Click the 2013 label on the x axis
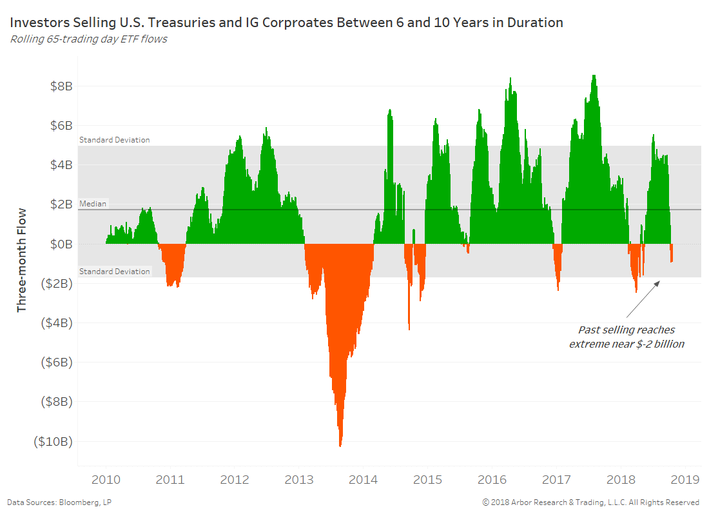pyautogui.click(x=298, y=479)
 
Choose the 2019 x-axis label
pyautogui.click(x=686, y=479)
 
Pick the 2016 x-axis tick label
pyautogui.click(x=492, y=479)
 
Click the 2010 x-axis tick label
pyautogui.click(x=106, y=479)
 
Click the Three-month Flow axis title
pyautogui.click(x=22, y=259)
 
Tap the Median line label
pyautogui.click(x=93, y=204)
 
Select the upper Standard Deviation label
pyautogui.click(x=114, y=140)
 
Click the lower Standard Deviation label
pyautogui.click(x=114, y=272)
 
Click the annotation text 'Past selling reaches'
pyautogui.click(x=626, y=330)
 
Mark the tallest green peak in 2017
pyautogui.click(x=594, y=76)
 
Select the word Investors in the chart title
pyautogui.click(x=37, y=23)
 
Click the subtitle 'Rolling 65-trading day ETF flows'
pyautogui.click(x=88, y=39)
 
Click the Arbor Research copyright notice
pyautogui.click(x=590, y=502)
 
